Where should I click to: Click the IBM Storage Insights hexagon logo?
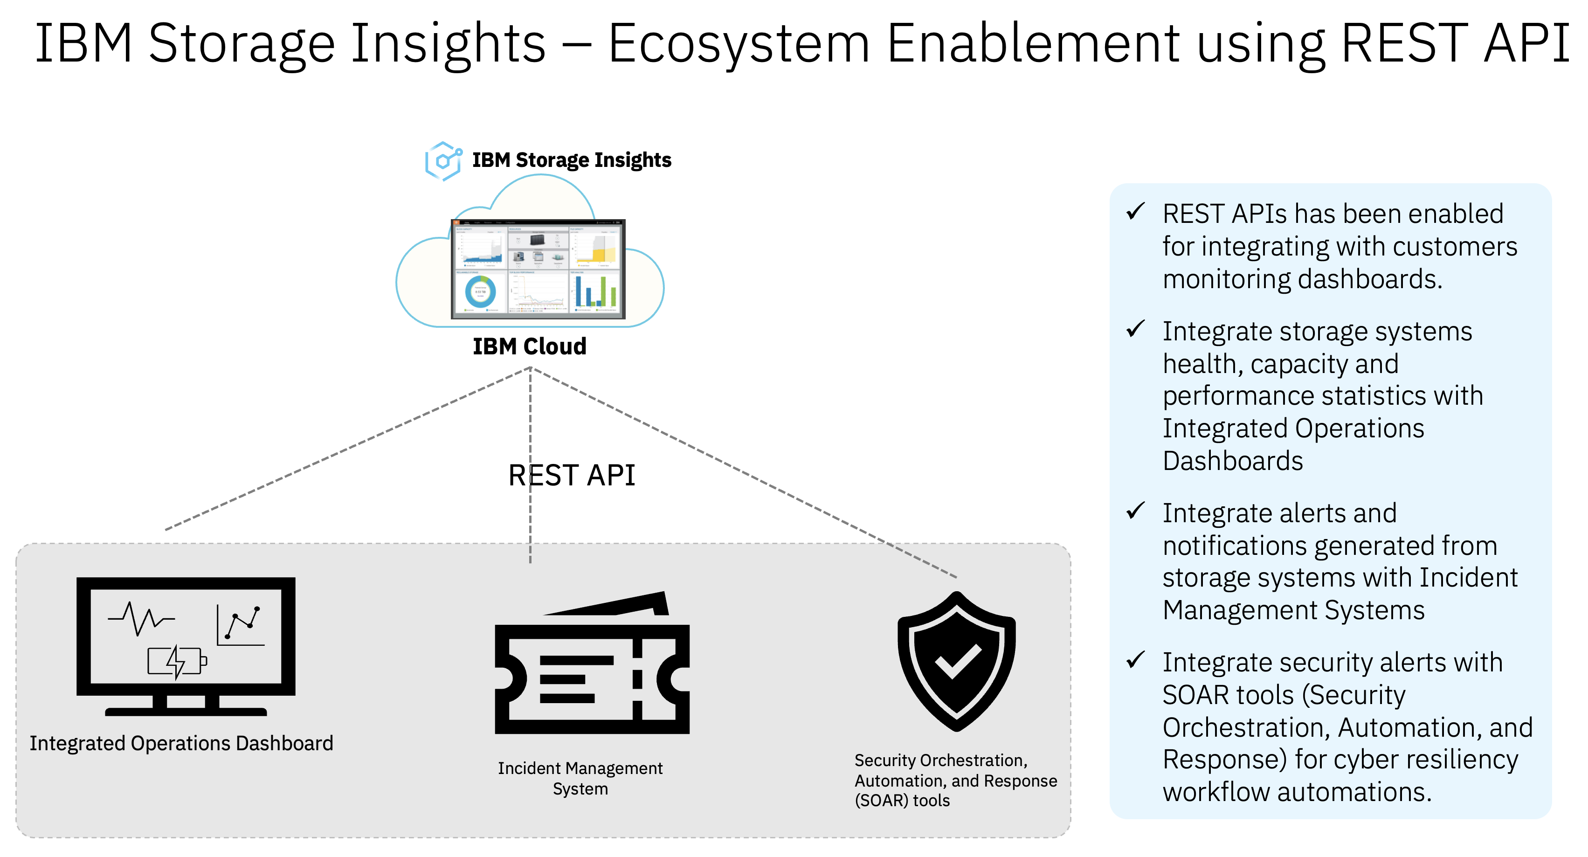pos(442,161)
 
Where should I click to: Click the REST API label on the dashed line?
pos(572,475)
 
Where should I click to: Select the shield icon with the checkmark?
pos(956,661)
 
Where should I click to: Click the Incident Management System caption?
pos(580,778)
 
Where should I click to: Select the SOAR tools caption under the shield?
pos(955,780)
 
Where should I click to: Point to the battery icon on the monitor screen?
pos(177,662)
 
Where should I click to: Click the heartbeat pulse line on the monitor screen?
pos(141,618)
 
